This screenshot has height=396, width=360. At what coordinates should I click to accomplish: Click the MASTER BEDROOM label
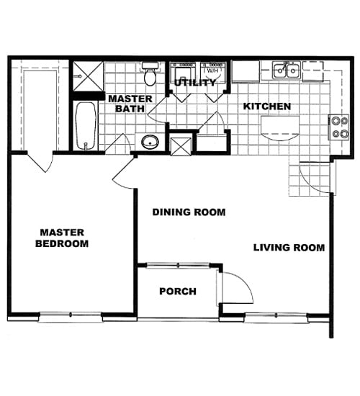(63, 238)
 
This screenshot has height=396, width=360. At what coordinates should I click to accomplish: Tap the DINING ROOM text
(189, 212)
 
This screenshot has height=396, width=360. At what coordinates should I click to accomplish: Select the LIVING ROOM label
(289, 248)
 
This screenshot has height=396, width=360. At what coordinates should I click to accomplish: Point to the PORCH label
(177, 291)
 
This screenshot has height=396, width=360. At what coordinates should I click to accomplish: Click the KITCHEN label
(266, 107)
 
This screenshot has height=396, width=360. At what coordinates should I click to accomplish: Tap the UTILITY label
(194, 84)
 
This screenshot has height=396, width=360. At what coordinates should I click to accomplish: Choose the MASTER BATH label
(130, 104)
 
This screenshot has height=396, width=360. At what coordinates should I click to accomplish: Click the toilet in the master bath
(150, 74)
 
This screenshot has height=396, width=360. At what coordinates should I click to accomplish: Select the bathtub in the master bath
(85, 126)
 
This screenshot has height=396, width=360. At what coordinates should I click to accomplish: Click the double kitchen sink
(287, 71)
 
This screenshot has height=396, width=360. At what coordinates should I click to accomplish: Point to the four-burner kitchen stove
(338, 127)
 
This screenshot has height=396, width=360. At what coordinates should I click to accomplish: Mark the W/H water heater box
(213, 71)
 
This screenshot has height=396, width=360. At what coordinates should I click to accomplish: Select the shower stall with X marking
(87, 76)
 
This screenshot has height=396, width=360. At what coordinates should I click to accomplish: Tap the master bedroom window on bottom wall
(70, 315)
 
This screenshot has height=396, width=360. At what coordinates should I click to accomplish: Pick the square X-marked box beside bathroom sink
(181, 143)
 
